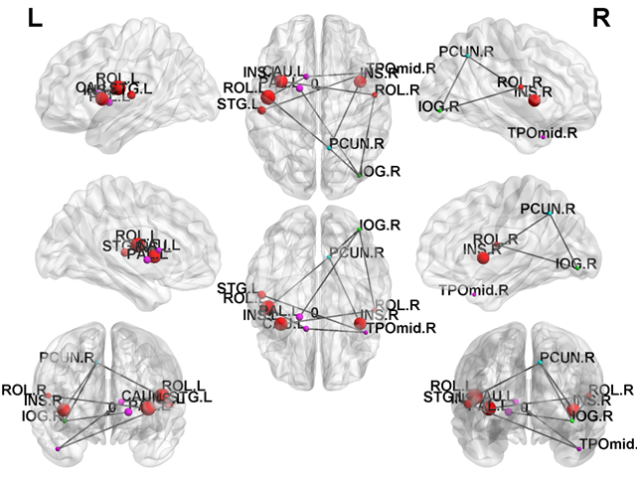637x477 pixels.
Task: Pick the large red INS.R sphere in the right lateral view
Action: pyautogui.click(x=535, y=99)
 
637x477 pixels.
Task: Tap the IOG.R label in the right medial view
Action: pyautogui.click(x=576, y=264)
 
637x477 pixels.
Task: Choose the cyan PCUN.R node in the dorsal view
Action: pyautogui.click(x=330, y=148)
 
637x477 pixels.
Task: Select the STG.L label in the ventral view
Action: pyautogui.click(x=237, y=288)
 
